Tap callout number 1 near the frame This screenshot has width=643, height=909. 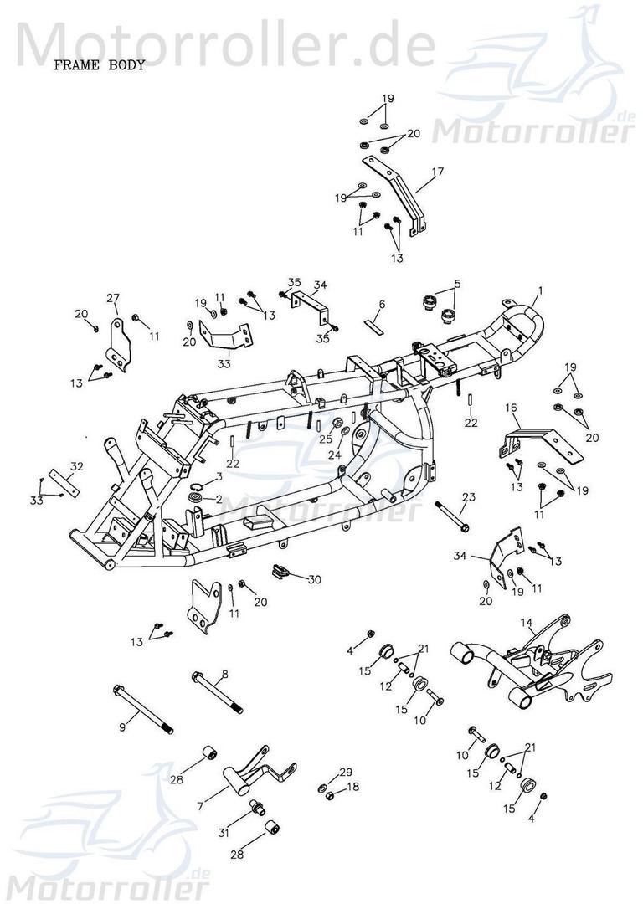tap(540, 290)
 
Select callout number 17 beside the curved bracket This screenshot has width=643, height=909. tap(437, 174)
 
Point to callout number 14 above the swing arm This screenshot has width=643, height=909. tap(527, 623)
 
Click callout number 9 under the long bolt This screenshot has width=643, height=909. tap(123, 727)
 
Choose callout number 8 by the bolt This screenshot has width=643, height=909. tap(224, 673)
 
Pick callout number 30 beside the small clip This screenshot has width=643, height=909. tap(315, 579)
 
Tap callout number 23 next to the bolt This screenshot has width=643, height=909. tap(468, 497)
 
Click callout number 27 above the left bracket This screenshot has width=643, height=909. tap(115, 298)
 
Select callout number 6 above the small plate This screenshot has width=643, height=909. tap(381, 304)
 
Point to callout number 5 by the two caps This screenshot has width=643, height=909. tap(457, 284)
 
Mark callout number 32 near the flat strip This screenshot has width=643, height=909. tap(76, 465)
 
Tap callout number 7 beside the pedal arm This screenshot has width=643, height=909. tap(199, 806)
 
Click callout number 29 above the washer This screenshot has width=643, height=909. tap(346, 771)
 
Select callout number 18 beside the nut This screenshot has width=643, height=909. tap(353, 788)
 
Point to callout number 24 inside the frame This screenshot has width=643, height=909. tap(335, 455)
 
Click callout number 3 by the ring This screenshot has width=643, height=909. tap(219, 476)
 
